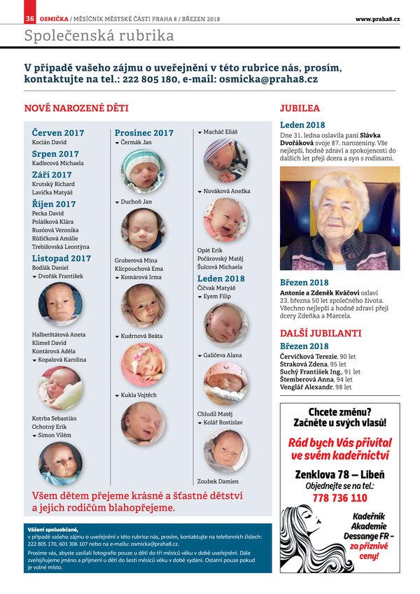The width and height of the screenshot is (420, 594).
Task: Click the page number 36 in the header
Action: coord(30,19)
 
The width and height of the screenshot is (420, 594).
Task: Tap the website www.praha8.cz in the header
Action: coord(377,19)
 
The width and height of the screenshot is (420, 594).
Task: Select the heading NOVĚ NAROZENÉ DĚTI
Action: coord(76,109)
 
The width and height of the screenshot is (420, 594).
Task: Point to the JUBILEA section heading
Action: coord(300,109)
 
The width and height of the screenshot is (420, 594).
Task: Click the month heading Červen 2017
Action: coord(58,133)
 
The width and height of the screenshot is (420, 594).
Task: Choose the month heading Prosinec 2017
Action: coord(144,133)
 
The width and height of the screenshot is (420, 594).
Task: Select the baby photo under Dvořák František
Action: coord(60,304)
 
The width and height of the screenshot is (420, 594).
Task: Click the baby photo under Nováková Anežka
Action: coord(225,219)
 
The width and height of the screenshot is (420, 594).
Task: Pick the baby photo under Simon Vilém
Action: coord(60,462)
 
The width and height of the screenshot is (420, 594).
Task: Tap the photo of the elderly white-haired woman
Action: coord(339,218)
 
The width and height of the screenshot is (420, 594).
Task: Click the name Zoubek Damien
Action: coord(218,481)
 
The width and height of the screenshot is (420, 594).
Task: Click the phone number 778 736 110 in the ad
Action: coord(339,498)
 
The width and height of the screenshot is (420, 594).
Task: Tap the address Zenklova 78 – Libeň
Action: coord(339,474)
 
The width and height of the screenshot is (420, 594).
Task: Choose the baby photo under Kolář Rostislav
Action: coord(225,451)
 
